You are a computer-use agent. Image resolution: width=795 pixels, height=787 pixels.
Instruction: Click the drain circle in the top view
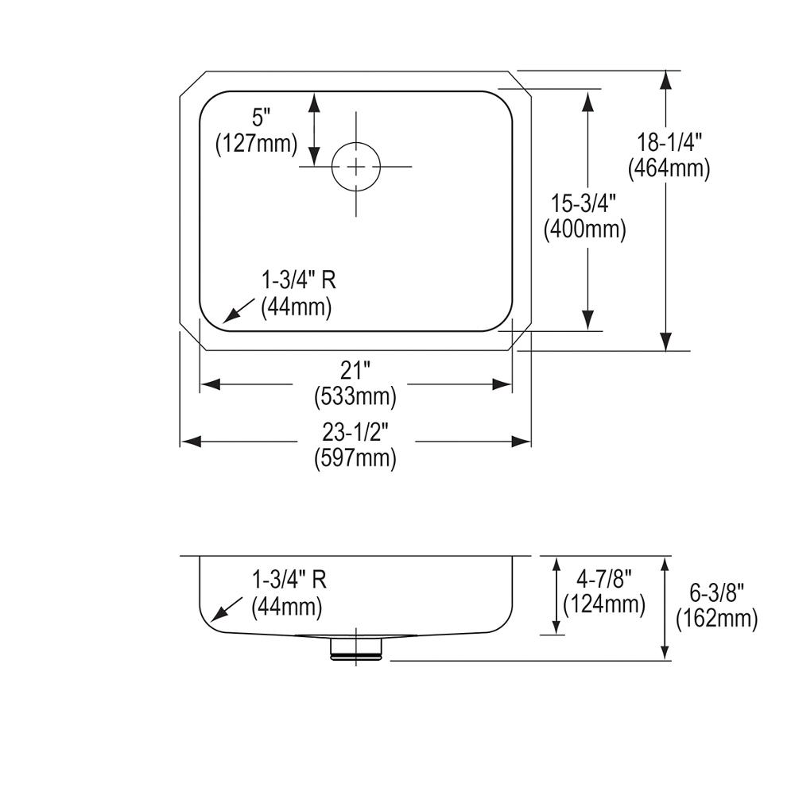(355, 167)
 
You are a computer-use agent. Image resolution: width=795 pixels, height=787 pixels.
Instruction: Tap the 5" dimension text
(262, 118)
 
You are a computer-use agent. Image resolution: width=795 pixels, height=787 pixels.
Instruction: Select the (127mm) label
(256, 144)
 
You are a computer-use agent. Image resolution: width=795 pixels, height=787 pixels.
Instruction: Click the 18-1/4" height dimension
(669, 143)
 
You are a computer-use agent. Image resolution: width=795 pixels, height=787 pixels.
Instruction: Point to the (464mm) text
(669, 168)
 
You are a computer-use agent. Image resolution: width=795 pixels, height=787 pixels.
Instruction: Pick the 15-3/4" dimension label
(584, 204)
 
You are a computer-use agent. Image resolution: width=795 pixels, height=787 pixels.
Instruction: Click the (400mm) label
(584, 230)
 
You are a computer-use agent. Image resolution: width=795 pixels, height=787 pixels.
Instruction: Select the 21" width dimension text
(355, 370)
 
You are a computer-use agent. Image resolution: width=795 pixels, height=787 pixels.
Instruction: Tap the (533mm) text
(355, 395)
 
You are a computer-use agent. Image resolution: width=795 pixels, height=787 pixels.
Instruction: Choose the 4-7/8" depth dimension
(603, 579)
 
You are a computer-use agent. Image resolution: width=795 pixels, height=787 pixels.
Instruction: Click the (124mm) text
(603, 604)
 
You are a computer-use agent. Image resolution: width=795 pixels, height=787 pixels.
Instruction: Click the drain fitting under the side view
(355, 647)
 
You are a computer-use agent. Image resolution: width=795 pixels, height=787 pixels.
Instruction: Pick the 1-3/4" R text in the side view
(289, 581)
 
